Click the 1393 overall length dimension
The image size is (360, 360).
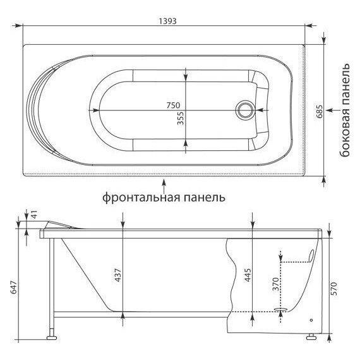[x=167, y=20]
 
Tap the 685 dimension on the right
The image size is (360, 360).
[x=320, y=111]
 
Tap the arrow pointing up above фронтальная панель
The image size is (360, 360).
[x=164, y=183]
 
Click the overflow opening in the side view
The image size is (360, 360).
[x=311, y=256]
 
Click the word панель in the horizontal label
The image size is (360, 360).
[x=204, y=197]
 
